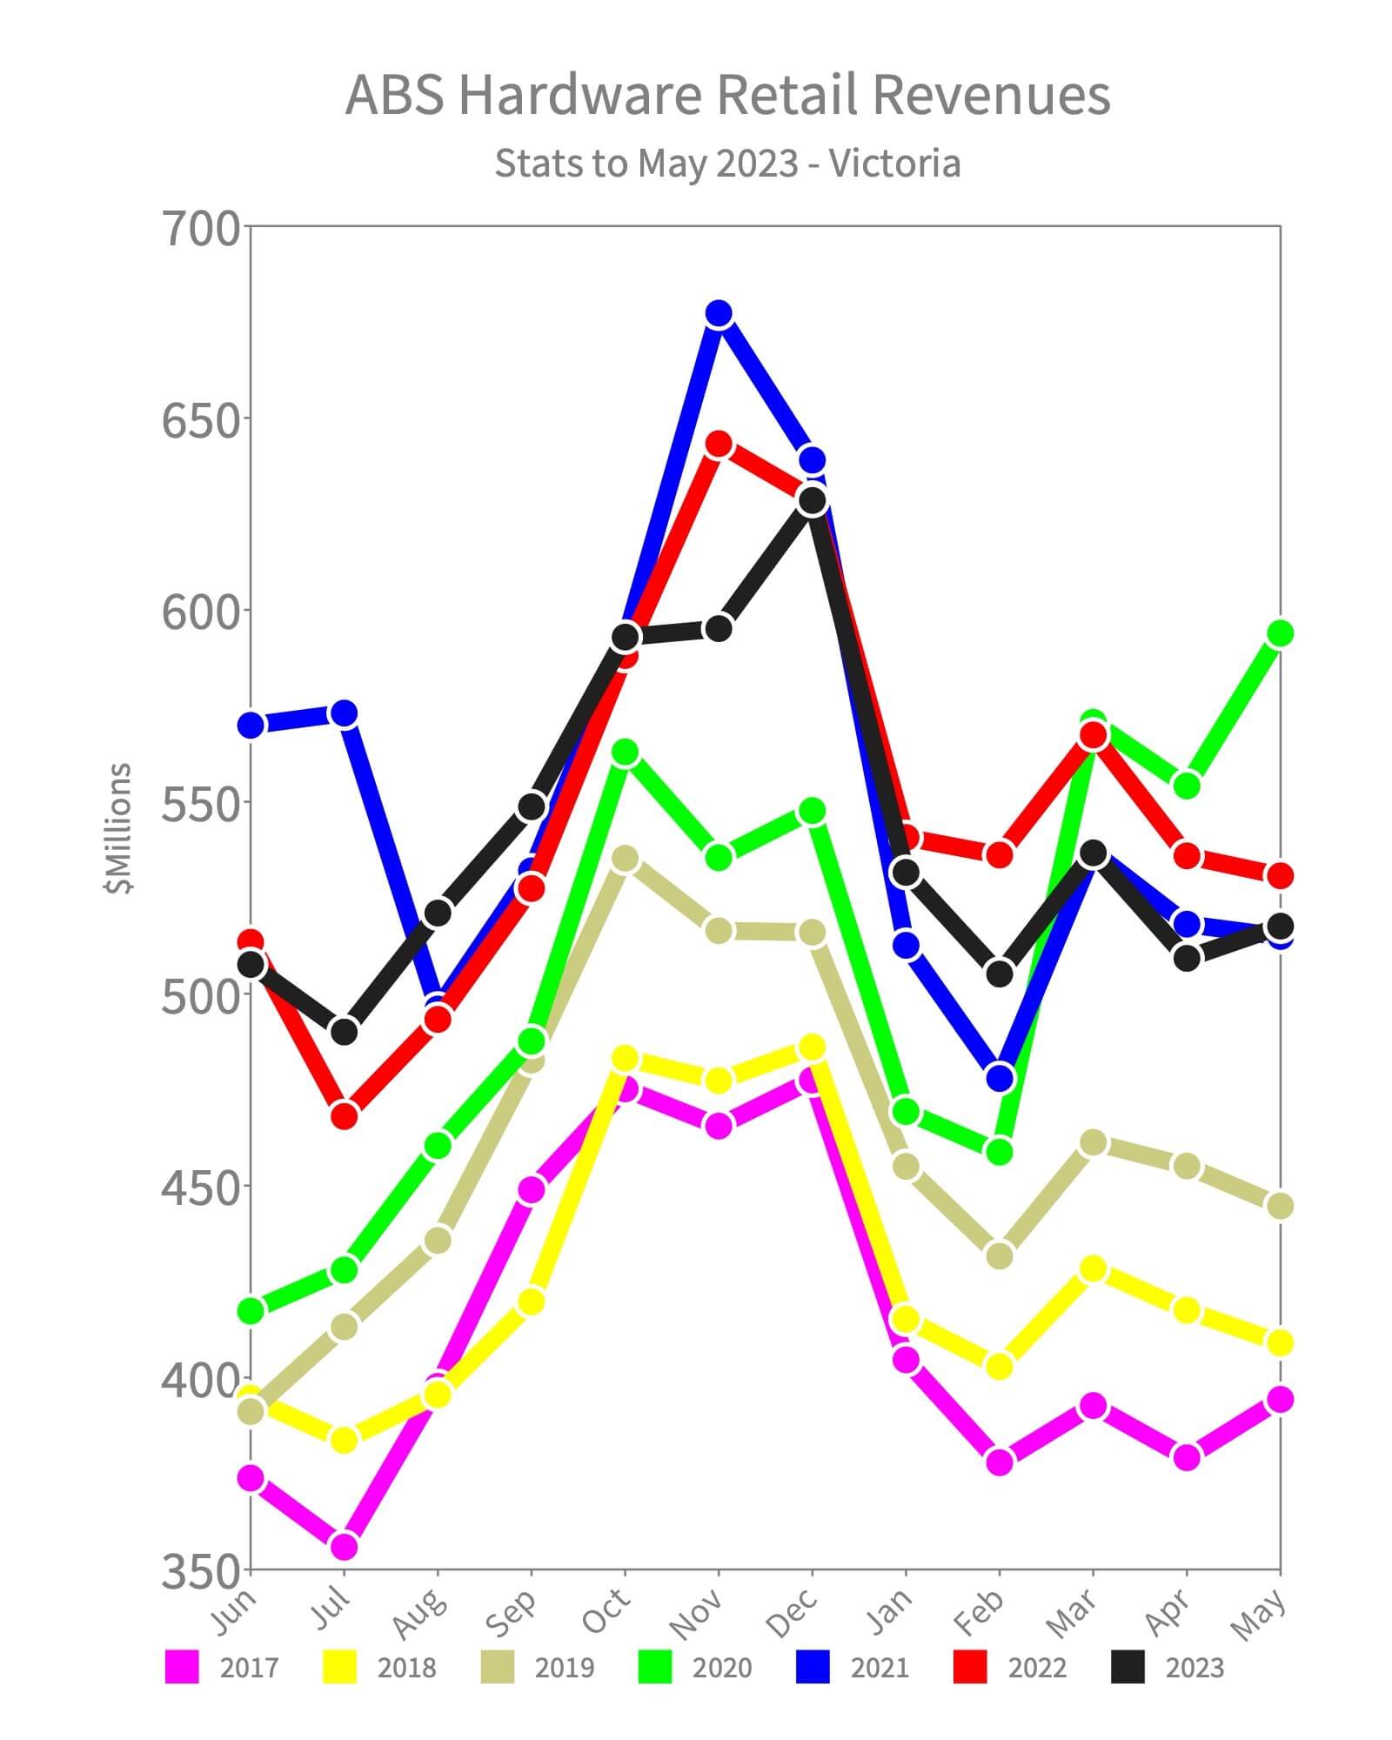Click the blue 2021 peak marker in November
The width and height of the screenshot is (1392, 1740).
click(x=719, y=313)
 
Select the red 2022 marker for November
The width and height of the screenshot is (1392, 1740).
click(x=719, y=445)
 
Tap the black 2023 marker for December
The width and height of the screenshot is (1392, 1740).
click(x=813, y=501)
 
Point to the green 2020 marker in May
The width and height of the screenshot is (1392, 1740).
click(x=1280, y=633)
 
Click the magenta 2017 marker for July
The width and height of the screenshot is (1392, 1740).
click(x=345, y=1546)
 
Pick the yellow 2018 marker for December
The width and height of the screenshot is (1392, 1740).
click(x=813, y=1047)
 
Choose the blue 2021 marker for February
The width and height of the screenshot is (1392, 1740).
click(x=1000, y=1078)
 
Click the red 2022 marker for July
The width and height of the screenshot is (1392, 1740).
click(x=345, y=1115)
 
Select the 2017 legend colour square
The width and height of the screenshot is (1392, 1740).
click(x=182, y=1667)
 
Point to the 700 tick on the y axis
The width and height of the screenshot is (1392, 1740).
click(x=200, y=229)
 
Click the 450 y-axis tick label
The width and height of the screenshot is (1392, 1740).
click(x=200, y=1188)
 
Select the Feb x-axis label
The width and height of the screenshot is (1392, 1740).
click(x=980, y=1611)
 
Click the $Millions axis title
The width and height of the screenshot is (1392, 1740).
click(x=117, y=827)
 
